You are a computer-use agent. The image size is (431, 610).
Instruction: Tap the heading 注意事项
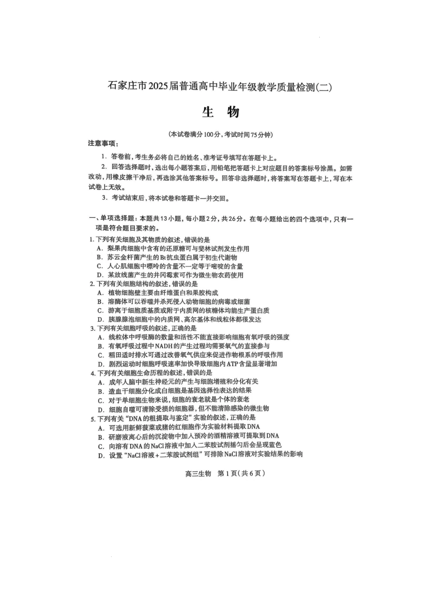(103, 144)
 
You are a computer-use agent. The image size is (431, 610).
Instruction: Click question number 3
(92, 328)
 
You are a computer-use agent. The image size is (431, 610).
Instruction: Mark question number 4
(93, 373)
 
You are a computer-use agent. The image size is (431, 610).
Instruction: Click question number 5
(93, 418)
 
